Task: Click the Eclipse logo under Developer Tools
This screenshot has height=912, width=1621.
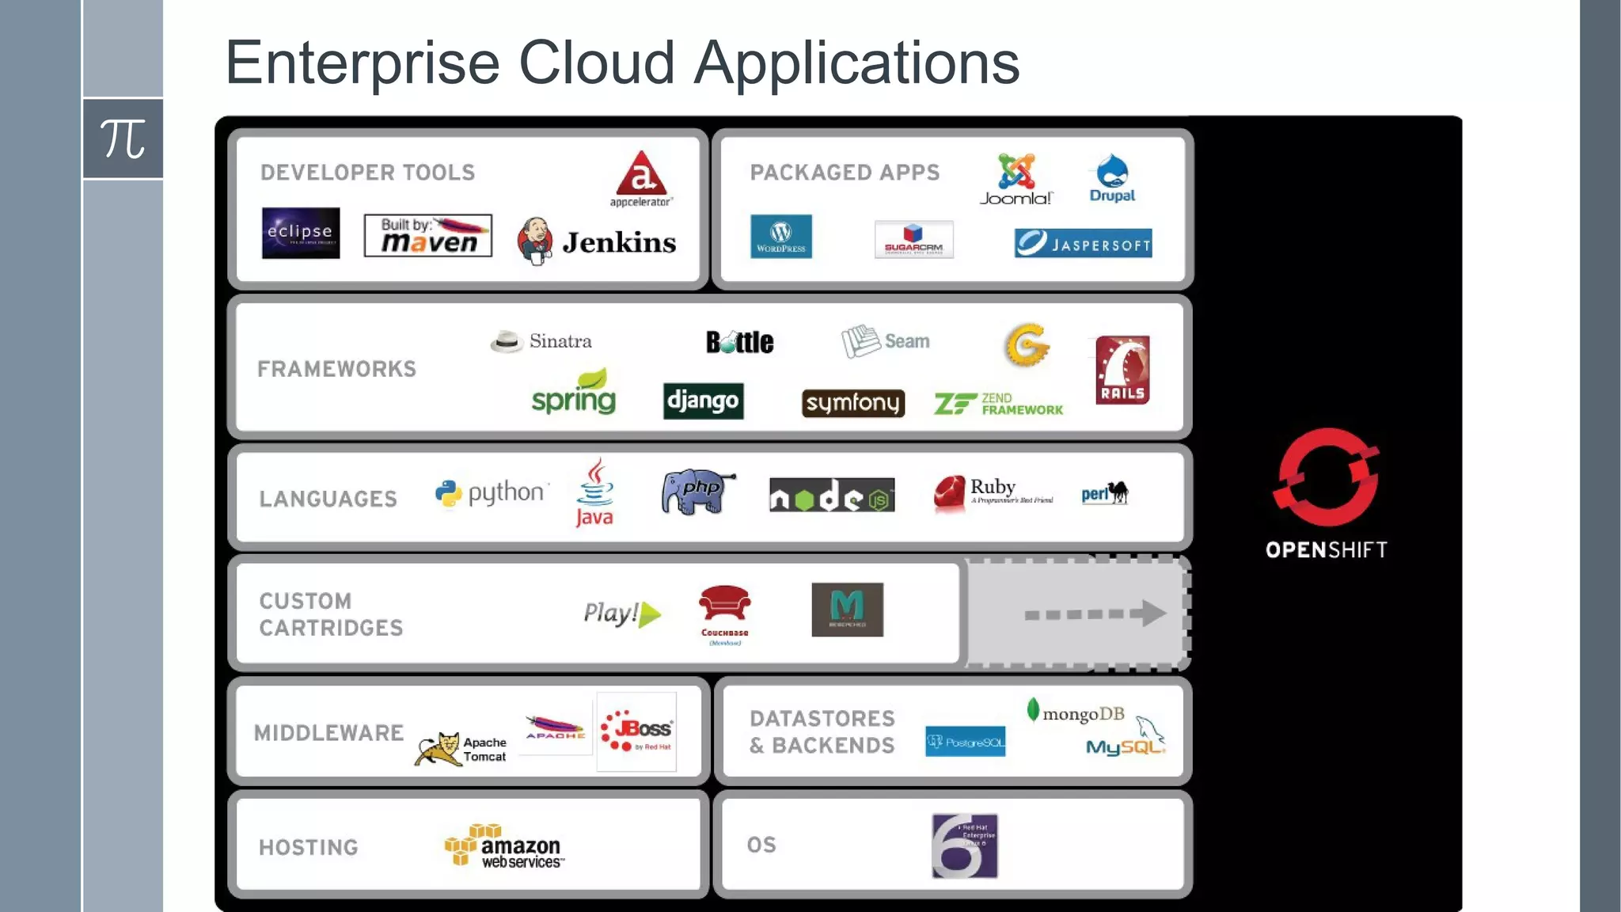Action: tap(301, 233)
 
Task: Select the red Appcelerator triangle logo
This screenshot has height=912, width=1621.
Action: tap(642, 173)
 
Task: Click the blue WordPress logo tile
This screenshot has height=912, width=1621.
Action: tap(781, 236)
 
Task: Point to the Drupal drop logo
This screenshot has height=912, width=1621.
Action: tap(1112, 171)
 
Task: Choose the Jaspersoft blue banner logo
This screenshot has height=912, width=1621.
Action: tap(1083, 243)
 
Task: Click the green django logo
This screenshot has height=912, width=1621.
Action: tap(703, 401)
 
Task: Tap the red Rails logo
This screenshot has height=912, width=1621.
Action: tap(1122, 370)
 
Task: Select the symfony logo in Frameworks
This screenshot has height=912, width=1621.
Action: tap(852, 403)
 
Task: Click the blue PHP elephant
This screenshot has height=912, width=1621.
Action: tap(697, 491)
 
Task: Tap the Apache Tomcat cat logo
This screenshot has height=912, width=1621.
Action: tap(439, 748)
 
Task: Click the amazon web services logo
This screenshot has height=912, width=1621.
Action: tap(504, 846)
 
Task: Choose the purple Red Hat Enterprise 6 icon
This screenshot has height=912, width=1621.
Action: tap(964, 845)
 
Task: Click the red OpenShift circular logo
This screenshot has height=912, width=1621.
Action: tap(1327, 477)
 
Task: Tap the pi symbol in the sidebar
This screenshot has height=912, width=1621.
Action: tap(123, 139)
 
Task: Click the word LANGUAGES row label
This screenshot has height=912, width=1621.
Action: tap(328, 499)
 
